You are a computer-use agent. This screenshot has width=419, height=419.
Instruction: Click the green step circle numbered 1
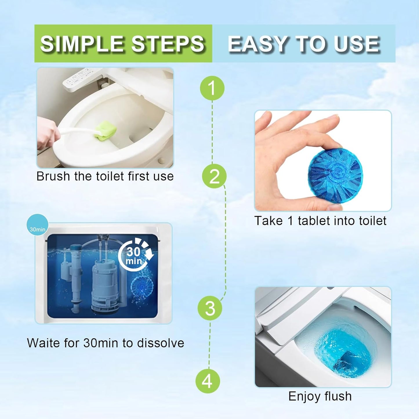tap(212, 88)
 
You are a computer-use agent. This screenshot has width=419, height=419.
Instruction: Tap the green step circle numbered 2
tap(214, 176)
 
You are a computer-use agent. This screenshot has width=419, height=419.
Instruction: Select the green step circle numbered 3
tap(210, 308)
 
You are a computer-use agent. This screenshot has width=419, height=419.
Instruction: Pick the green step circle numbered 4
tap(207, 381)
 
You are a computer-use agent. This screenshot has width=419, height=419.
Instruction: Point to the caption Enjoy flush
tap(320, 396)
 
